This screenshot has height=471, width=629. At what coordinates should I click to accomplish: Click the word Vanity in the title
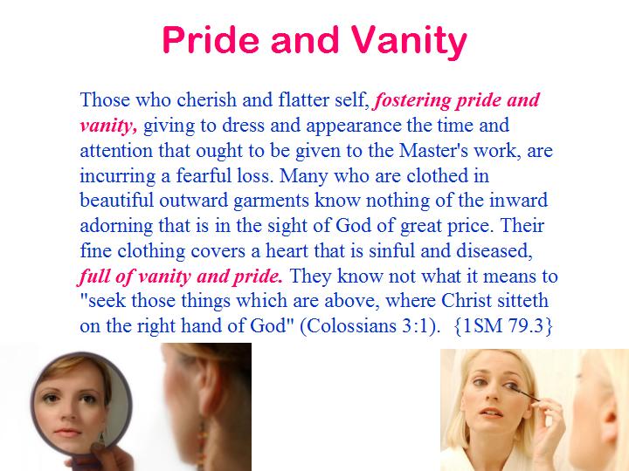(410, 40)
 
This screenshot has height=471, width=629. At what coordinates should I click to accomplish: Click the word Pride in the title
(211, 39)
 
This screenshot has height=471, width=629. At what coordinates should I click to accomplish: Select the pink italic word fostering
(411, 100)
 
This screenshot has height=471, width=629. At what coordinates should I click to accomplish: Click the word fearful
(202, 175)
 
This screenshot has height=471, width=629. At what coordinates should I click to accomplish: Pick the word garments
(271, 201)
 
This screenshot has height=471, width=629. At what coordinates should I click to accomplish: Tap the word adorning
(116, 226)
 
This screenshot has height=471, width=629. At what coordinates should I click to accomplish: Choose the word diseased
(494, 251)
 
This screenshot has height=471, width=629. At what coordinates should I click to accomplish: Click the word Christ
(467, 300)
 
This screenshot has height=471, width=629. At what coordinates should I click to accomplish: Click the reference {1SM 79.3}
(503, 325)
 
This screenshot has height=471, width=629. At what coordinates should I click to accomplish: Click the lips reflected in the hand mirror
(67, 433)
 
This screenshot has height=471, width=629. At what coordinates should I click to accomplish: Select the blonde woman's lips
(491, 413)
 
